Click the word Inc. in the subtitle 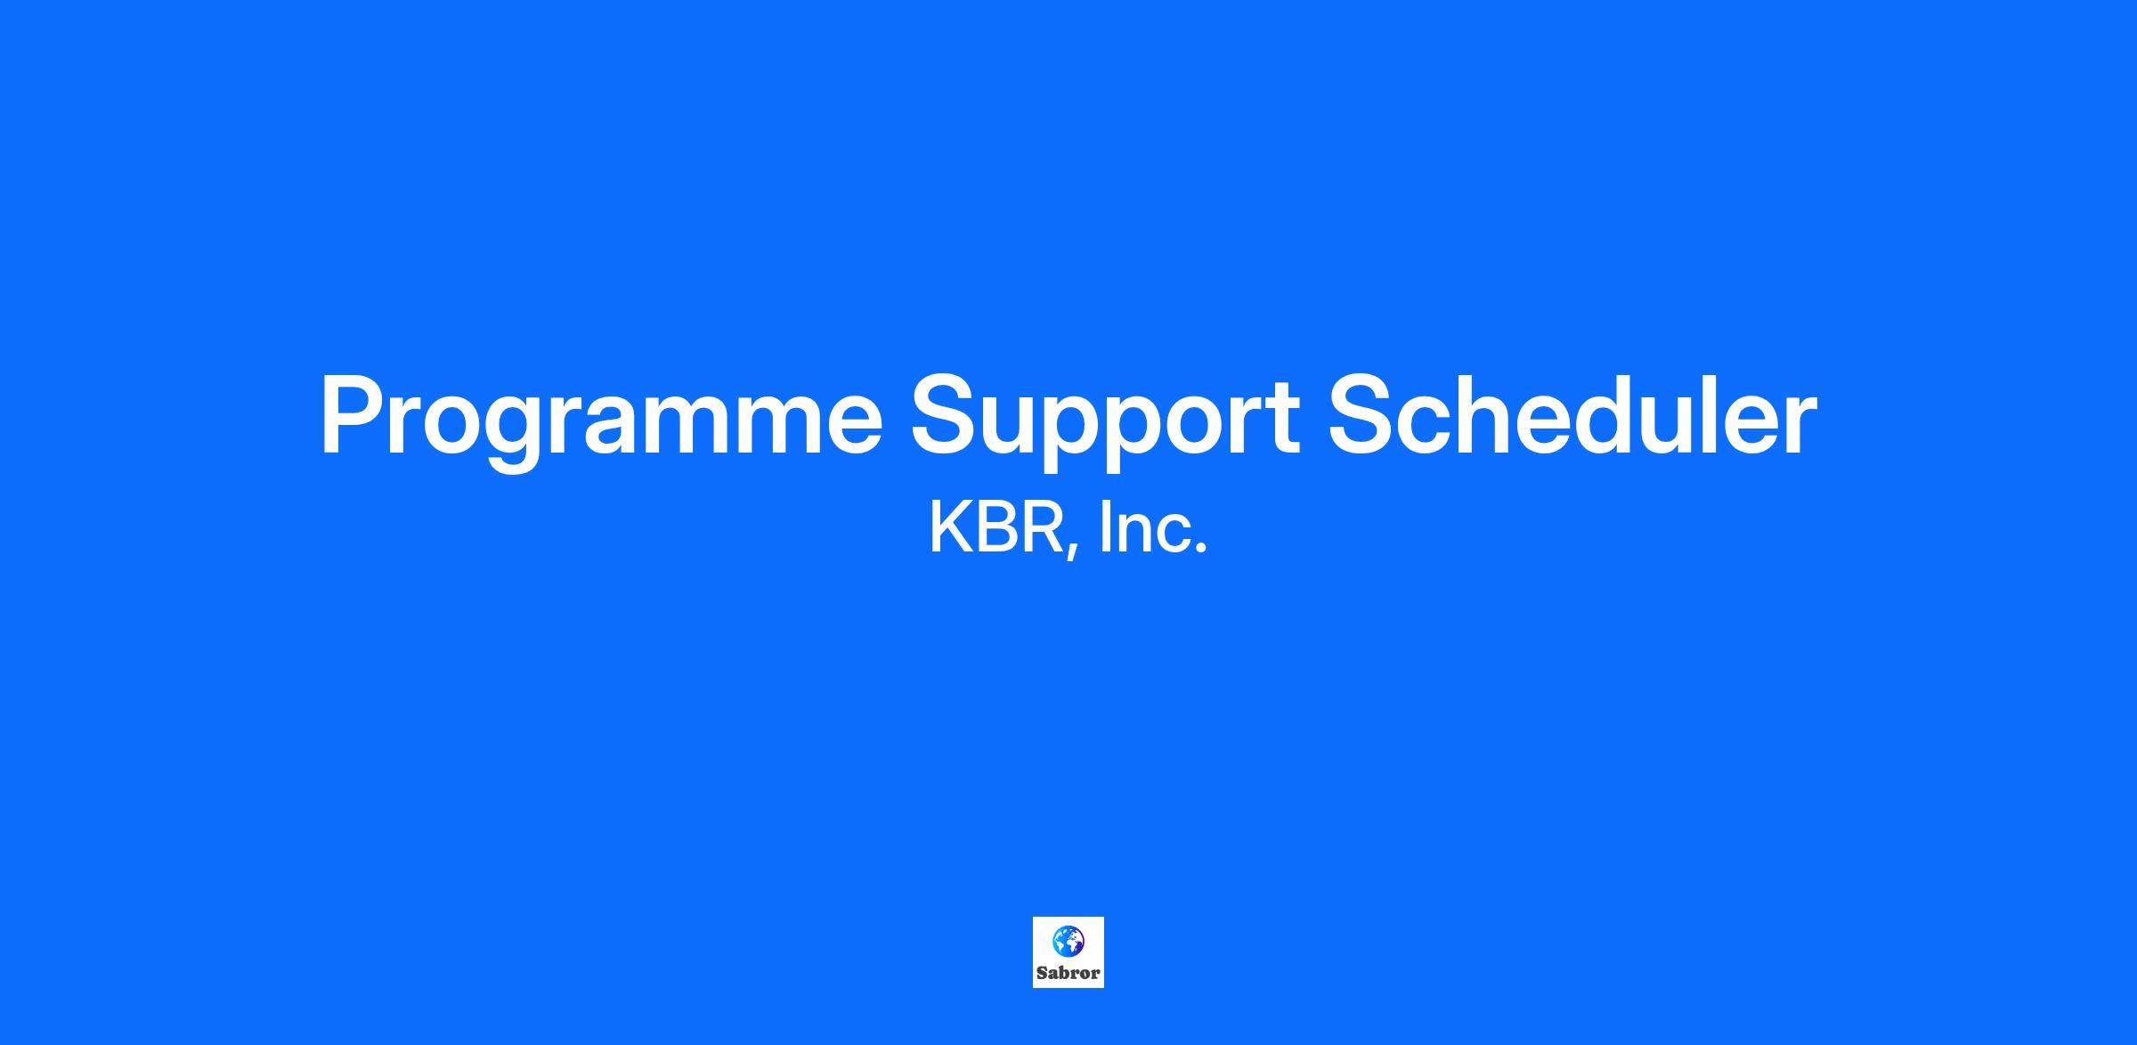click(x=1154, y=527)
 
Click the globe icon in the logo click(x=1068, y=941)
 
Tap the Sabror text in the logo click(x=1068, y=973)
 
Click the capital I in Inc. click(x=1105, y=527)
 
